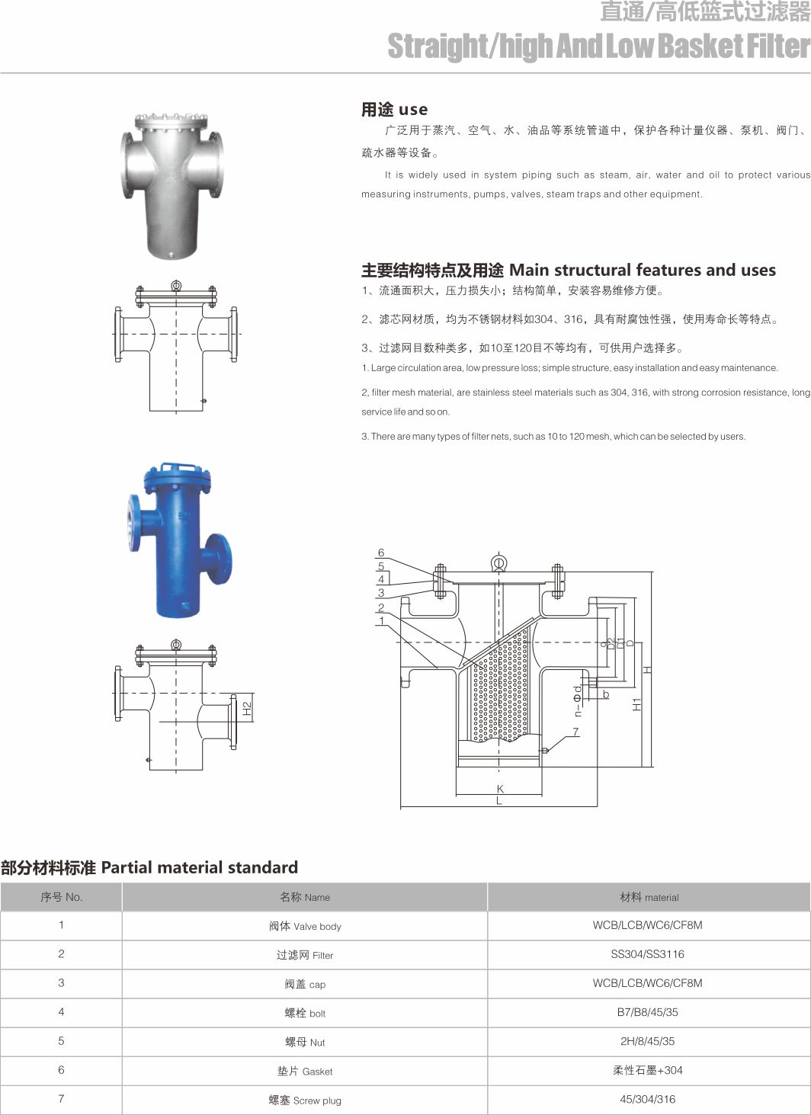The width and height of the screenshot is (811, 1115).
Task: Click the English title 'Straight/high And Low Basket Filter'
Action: click(598, 46)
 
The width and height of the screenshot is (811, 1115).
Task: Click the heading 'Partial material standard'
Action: click(149, 867)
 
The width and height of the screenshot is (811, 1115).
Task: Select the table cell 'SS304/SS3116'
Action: click(648, 954)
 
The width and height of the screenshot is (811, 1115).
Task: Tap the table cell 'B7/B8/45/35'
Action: click(648, 1012)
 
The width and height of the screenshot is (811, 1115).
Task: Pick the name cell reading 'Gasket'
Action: click(305, 1071)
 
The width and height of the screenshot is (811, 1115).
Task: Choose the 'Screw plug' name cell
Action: click(305, 1100)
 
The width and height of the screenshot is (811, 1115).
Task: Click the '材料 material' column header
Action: click(649, 897)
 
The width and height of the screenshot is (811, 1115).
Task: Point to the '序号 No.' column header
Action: click(61, 897)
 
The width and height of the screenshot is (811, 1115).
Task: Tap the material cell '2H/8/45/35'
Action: click(648, 1041)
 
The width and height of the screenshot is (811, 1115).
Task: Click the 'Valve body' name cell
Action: click(305, 926)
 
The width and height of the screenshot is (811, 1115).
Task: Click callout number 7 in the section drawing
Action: click(575, 732)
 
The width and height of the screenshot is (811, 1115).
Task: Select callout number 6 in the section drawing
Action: click(381, 553)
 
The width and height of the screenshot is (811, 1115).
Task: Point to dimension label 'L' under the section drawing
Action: click(499, 801)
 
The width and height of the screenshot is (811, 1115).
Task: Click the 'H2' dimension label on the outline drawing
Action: click(246, 708)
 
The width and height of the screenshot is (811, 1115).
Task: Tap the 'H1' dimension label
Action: click(637, 703)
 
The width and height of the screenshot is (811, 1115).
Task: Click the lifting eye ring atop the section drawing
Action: click(498, 563)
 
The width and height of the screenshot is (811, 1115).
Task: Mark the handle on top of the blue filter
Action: click(178, 465)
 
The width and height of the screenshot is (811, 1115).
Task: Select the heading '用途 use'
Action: click(394, 110)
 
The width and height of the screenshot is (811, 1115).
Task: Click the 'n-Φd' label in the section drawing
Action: click(578, 700)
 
